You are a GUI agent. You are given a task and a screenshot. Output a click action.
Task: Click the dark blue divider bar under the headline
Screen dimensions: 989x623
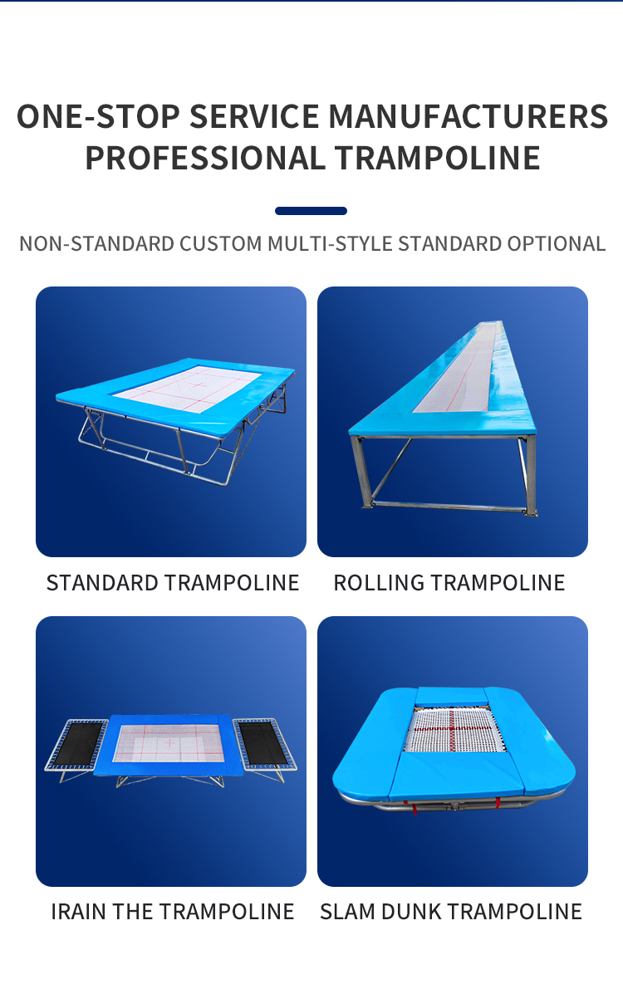click(311, 211)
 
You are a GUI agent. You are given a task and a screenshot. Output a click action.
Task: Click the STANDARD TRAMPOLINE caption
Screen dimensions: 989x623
click(173, 583)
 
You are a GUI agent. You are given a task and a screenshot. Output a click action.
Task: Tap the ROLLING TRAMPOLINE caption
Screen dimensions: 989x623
click(449, 583)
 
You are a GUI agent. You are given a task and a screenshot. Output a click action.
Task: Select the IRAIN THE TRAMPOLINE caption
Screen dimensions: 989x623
click(173, 912)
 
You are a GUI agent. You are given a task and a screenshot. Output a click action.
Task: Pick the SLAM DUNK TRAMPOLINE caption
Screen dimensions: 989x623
click(451, 912)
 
